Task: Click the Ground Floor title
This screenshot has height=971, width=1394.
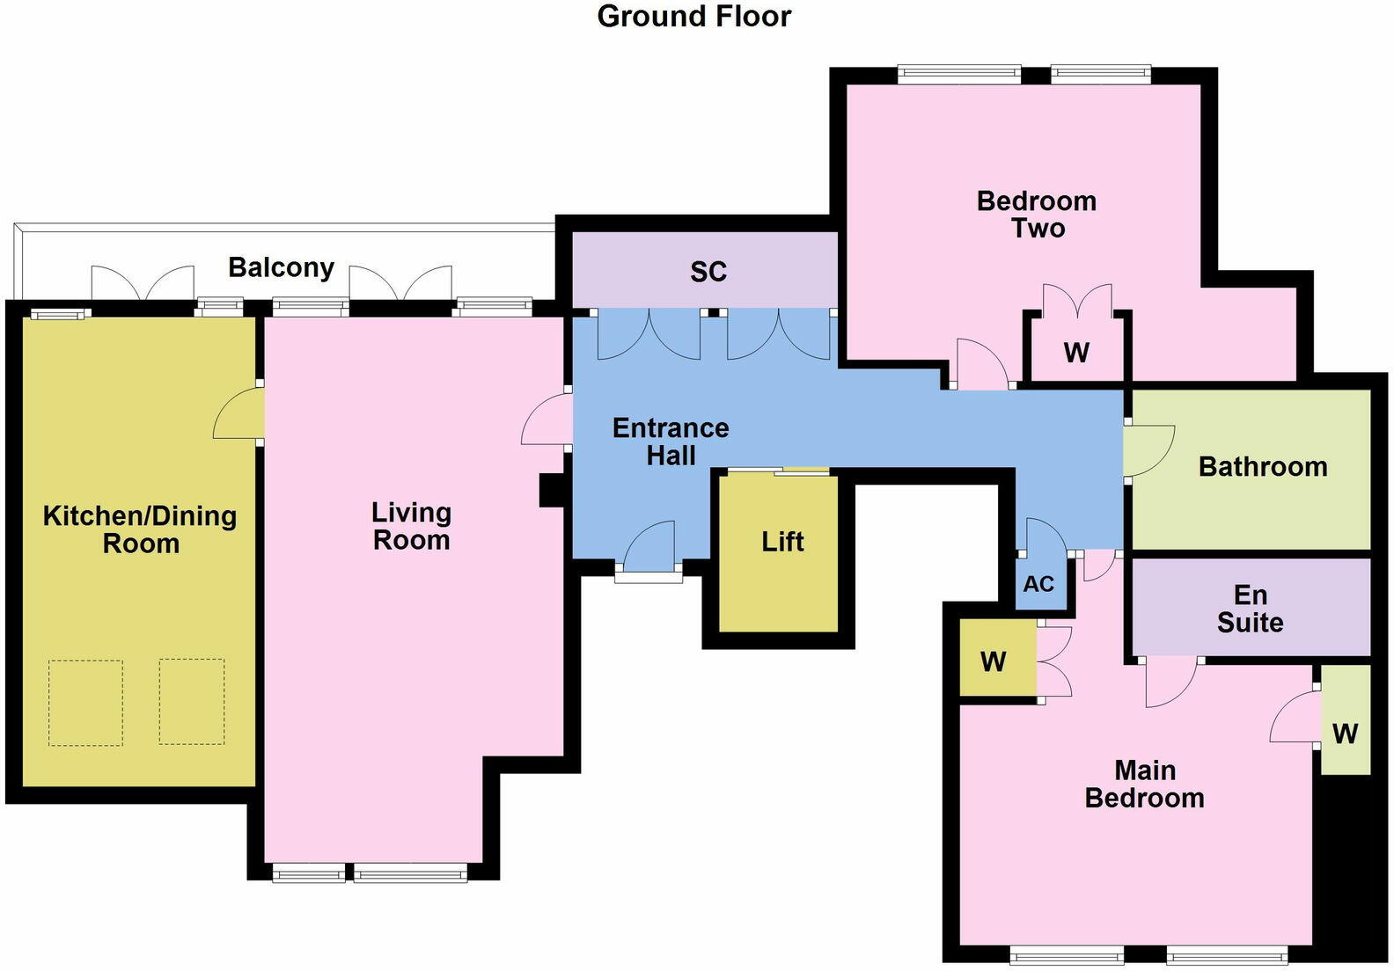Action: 693,16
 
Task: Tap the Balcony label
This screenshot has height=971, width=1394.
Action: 281,266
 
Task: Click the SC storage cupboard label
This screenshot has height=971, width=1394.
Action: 708,272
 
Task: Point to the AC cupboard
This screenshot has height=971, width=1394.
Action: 1038,584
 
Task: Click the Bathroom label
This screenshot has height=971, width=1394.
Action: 1262,466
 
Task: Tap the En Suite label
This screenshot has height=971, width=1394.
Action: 1250,609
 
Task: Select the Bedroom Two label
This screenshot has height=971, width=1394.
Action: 1037,214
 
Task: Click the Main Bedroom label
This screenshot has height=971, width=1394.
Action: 1144,784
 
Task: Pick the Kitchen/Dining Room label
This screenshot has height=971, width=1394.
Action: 140,529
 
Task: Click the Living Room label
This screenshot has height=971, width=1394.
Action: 411,525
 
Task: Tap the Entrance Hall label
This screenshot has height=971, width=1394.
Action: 671,442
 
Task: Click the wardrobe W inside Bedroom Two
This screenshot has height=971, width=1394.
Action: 1075,352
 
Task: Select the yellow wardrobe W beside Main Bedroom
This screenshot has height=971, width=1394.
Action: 994,661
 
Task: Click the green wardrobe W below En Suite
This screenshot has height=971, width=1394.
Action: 1345,733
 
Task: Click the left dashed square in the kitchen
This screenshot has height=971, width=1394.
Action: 85,702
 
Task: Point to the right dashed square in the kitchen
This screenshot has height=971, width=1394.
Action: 191,702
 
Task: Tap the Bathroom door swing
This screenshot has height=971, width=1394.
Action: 1148,449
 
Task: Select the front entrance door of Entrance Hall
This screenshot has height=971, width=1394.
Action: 649,550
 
